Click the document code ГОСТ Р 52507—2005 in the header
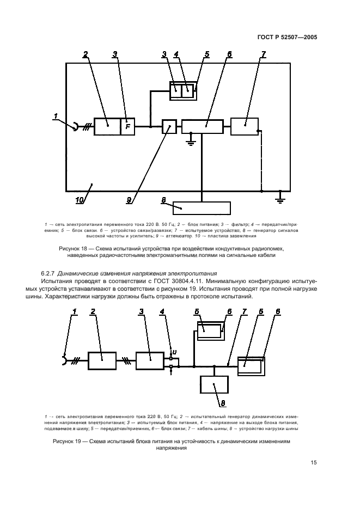[x=288, y=38]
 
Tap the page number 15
[x=314, y=463]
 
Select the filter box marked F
[x=128, y=126]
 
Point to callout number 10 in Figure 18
[x=79, y=200]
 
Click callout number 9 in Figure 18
[x=129, y=200]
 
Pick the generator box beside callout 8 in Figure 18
[x=202, y=208]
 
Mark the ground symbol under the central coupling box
[x=190, y=143]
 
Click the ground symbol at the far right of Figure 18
[x=280, y=199]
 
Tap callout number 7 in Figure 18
[x=264, y=55]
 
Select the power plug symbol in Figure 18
[x=72, y=126]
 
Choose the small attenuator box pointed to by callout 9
[x=169, y=126]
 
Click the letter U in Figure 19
[x=174, y=352]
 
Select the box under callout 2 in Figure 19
[x=102, y=360]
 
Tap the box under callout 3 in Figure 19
[x=149, y=360]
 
